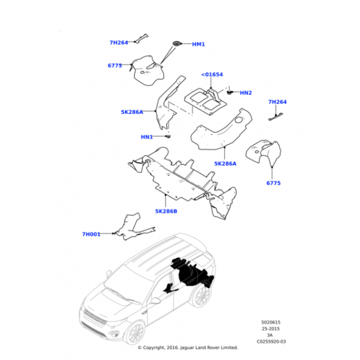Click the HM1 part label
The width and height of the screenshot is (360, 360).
(198, 44)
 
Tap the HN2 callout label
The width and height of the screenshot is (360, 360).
(246, 93)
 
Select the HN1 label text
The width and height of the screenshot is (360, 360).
(147, 137)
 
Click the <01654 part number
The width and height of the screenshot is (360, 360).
(212, 75)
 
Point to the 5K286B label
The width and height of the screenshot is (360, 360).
(166, 212)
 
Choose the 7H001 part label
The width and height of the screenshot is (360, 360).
(91, 234)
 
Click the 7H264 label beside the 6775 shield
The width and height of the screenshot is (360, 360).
(119, 43)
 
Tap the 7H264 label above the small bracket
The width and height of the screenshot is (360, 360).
(278, 102)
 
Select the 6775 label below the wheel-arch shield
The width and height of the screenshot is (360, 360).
(273, 183)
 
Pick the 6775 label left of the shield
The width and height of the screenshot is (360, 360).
(115, 66)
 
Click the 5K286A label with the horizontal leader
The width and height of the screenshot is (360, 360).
(132, 112)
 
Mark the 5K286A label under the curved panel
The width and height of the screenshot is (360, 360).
(225, 164)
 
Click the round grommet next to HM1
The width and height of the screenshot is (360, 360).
(177, 43)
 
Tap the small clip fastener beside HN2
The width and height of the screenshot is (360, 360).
(229, 92)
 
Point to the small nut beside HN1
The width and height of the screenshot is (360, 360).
(169, 136)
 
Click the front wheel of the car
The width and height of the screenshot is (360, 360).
(136, 334)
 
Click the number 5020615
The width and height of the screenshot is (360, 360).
(271, 322)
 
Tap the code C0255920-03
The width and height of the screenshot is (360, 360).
(271, 342)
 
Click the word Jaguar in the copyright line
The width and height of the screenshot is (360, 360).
(187, 348)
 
